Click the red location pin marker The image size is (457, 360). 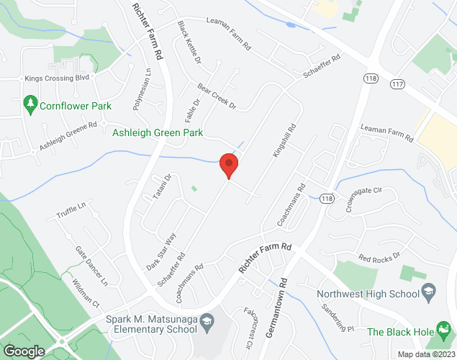[x=229, y=165]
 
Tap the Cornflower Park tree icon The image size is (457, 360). [x=30, y=106]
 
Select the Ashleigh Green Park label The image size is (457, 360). [x=158, y=132]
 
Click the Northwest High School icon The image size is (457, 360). [x=429, y=293]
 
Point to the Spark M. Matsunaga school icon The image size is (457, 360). [x=207, y=319]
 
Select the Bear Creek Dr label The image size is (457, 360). [x=217, y=100]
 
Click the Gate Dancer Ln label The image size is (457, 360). [x=91, y=264]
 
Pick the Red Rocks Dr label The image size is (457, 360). [x=379, y=258]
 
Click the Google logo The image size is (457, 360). [x=23, y=351]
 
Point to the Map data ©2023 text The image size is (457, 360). [x=425, y=354]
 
